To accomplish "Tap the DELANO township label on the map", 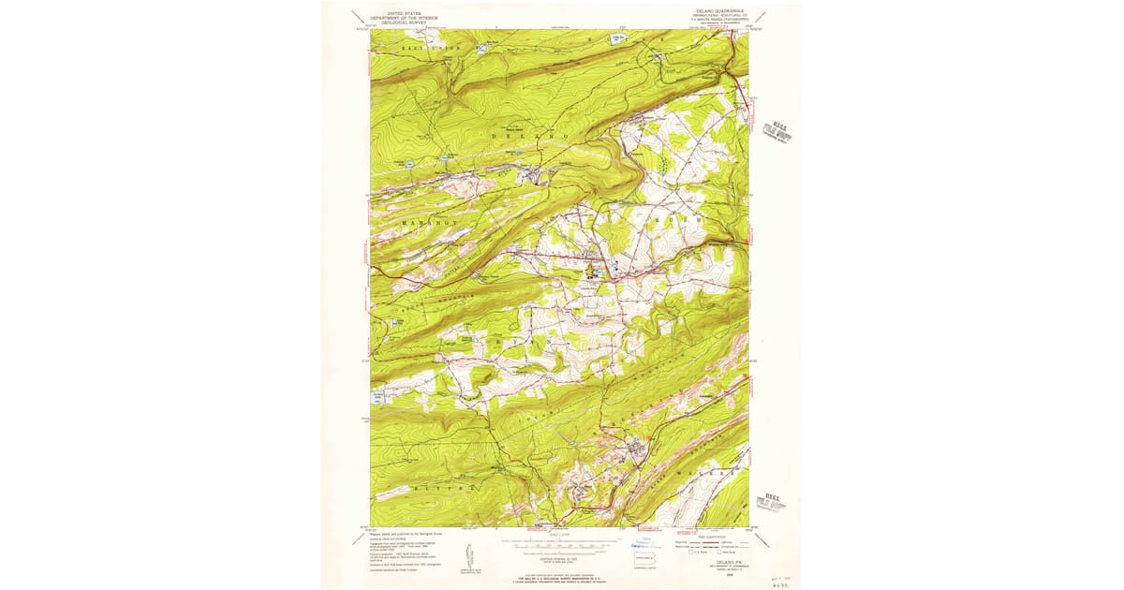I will click(530, 137).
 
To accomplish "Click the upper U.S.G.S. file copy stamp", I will click(776, 129).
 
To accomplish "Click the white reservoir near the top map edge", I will click(617, 38).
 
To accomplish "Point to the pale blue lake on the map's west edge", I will click(379, 398).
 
